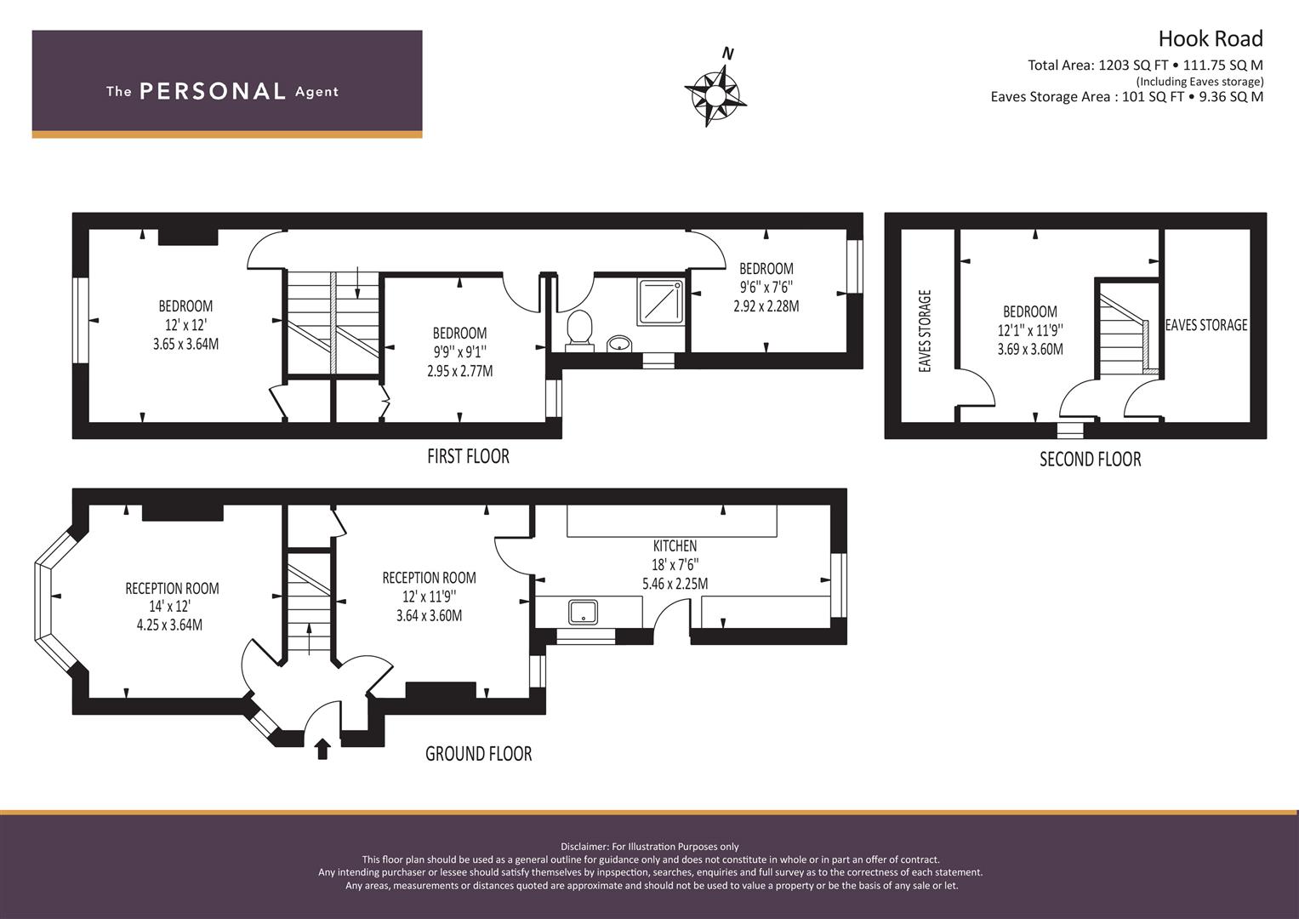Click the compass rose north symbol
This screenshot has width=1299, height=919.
pyautogui.click(x=715, y=94)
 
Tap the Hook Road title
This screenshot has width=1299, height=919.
pyautogui.click(x=1211, y=39)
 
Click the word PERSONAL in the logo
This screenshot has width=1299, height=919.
pyautogui.click(x=213, y=91)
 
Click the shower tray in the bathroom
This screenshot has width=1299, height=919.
pyautogui.click(x=660, y=302)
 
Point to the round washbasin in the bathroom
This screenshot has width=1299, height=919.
pyautogui.click(x=619, y=344)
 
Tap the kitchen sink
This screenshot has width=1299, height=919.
pyautogui.click(x=583, y=613)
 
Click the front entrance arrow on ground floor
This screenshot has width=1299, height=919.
pyautogui.click(x=322, y=749)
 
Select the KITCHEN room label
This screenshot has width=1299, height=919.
pyautogui.click(x=675, y=546)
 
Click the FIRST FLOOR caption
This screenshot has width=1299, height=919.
pyautogui.click(x=468, y=457)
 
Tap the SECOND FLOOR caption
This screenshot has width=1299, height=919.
pyautogui.click(x=1091, y=459)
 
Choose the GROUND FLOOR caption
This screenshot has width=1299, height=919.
pyautogui.click(x=478, y=754)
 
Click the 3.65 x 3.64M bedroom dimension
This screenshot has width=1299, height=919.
pyautogui.click(x=185, y=344)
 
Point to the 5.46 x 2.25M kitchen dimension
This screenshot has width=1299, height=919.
pyautogui.click(x=675, y=584)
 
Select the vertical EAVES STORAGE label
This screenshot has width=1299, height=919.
pyautogui.click(x=925, y=331)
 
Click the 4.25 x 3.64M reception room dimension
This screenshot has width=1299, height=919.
pyautogui.click(x=169, y=625)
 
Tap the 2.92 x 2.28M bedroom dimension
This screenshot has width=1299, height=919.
pyautogui.click(x=766, y=305)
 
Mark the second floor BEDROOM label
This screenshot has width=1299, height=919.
pyautogui.click(x=1030, y=311)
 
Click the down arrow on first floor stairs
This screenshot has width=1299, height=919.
pyautogui.click(x=358, y=283)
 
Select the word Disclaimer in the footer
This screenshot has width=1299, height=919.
pyautogui.click(x=584, y=847)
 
